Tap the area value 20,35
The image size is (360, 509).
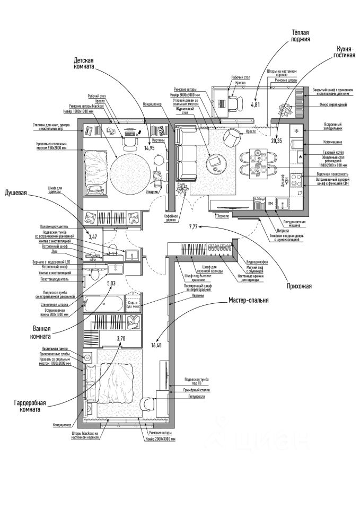276,141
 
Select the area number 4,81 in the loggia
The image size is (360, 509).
255,104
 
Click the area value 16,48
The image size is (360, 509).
156,345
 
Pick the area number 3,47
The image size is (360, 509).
93,236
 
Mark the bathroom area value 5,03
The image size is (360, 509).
111,284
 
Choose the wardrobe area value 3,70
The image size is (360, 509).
122,338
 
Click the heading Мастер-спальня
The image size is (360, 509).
249,300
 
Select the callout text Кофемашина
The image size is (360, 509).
335,142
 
